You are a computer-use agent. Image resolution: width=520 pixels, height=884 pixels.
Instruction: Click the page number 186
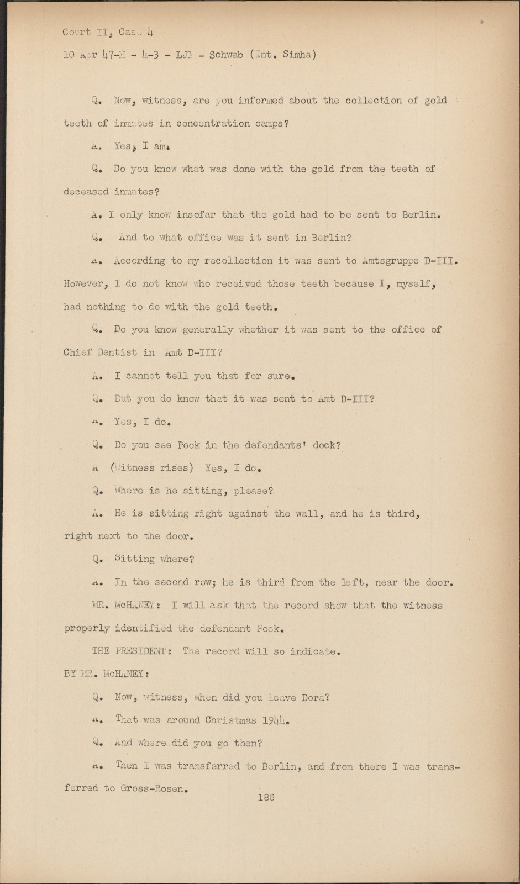click(265, 797)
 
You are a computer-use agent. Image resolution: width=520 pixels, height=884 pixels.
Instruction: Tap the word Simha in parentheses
click(297, 55)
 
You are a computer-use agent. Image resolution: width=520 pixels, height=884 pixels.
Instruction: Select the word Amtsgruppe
click(390, 260)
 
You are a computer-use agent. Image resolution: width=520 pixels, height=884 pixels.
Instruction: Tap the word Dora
click(314, 697)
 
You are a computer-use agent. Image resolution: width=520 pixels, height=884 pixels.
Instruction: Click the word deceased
click(86, 192)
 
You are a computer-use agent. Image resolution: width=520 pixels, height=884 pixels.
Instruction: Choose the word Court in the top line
click(77, 32)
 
